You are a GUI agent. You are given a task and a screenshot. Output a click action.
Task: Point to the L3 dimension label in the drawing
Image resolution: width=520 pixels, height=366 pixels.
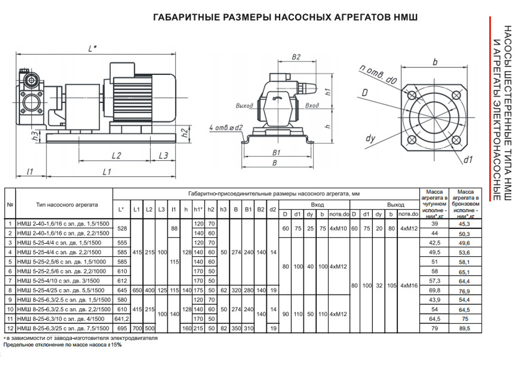coord(163,155)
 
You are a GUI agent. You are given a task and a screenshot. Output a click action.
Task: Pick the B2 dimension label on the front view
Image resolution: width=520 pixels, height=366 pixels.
coord(296,57)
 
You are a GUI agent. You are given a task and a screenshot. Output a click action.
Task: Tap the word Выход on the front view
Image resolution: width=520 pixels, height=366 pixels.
coord(244,106)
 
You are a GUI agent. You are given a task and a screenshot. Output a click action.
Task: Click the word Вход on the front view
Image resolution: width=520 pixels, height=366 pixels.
coord(312,106)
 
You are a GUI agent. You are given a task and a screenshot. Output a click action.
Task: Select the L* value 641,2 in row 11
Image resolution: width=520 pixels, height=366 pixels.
coord(121,318)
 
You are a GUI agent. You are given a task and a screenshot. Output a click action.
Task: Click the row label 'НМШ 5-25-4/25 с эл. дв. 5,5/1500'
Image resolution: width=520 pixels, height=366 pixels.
coord(63,290)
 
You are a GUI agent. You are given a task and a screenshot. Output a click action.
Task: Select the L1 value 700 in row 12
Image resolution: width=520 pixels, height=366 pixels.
coord(137,328)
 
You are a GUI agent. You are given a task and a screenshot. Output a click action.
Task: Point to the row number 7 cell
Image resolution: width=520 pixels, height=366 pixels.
coord(10,280)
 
